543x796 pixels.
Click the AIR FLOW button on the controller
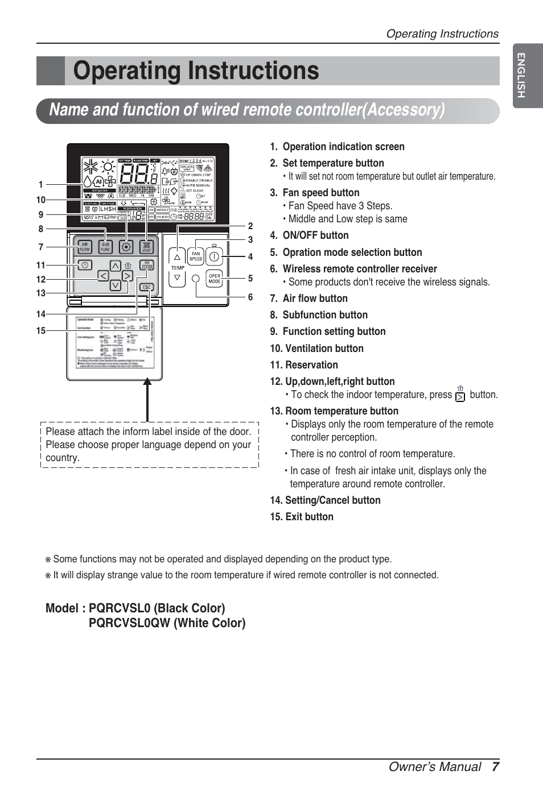(x=85, y=247)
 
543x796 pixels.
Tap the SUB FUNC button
(x=105, y=247)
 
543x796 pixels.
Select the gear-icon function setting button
(x=126, y=247)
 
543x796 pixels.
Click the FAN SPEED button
(x=196, y=256)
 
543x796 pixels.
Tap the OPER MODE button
(x=215, y=279)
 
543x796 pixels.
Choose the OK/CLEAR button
(x=147, y=265)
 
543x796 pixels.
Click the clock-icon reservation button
(x=85, y=265)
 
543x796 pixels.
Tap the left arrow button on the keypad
(x=103, y=276)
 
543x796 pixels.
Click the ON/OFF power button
(x=214, y=256)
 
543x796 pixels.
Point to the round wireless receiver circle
(x=196, y=278)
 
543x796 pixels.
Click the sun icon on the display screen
(x=108, y=167)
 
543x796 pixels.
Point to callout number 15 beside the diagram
(x=41, y=330)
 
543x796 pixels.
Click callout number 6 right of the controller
(x=250, y=297)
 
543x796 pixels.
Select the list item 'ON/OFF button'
(x=315, y=235)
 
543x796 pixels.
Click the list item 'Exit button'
(x=308, y=517)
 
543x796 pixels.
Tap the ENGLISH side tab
(x=521, y=74)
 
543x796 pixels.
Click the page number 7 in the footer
(x=495, y=767)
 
